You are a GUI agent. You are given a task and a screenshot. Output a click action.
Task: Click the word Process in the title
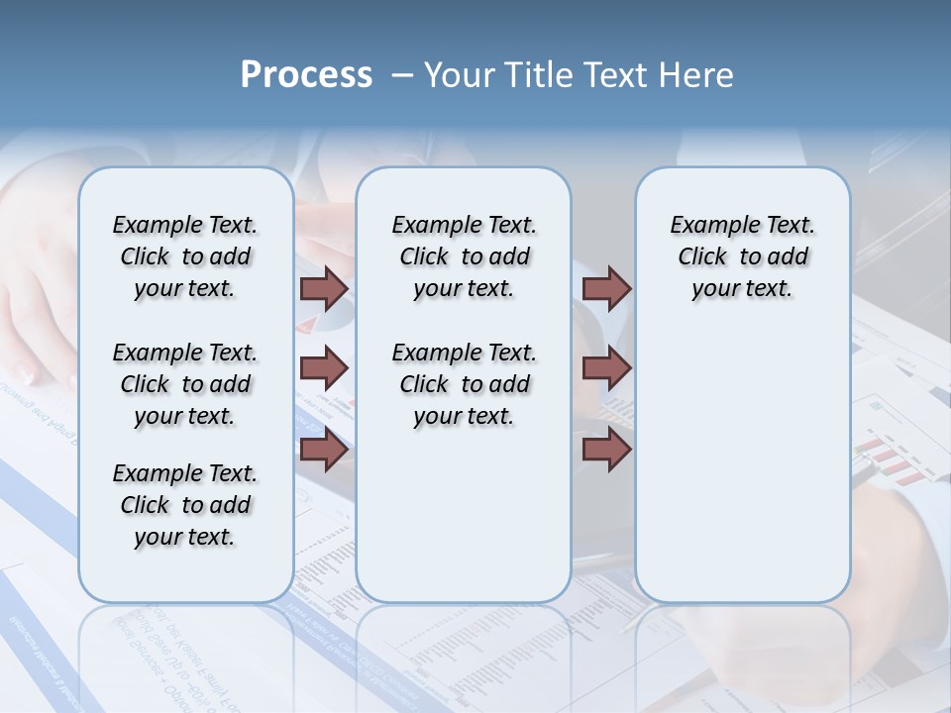306,74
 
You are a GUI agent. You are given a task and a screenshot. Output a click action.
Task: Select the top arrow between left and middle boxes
324,288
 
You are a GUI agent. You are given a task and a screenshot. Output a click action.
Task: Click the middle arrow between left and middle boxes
324,368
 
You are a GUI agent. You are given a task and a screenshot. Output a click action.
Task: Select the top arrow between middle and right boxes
606,288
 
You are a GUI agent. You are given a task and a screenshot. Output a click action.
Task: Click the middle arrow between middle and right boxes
606,368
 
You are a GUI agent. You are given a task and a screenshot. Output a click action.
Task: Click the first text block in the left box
185,256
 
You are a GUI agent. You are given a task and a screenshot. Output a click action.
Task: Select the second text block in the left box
185,384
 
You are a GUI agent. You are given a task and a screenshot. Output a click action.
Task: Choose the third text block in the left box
185,505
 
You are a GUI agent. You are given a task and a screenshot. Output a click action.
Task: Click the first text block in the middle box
464,256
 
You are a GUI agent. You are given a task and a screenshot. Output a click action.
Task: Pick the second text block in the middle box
464,384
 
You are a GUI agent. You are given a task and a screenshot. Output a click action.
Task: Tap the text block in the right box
742,256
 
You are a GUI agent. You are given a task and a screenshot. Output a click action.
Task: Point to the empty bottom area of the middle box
464,525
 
